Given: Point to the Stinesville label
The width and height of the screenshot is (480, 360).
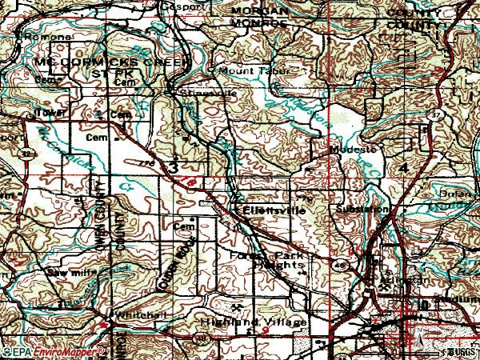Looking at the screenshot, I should (195, 94).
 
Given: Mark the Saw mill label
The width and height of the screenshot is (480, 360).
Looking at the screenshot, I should (67, 273).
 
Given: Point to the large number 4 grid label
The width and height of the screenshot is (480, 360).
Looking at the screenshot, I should (403, 166).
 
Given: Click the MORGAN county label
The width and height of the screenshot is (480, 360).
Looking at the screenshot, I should (259, 10).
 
